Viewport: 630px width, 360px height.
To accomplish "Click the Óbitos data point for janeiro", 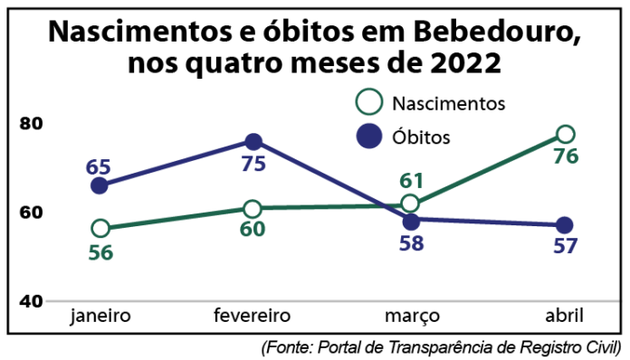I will click(x=100, y=185).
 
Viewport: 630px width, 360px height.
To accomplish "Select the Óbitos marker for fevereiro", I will click(x=253, y=141).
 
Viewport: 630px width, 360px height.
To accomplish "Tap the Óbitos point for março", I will click(x=411, y=221).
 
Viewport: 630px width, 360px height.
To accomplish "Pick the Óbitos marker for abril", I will click(x=564, y=225).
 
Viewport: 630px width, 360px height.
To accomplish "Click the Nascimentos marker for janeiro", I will click(x=100, y=228).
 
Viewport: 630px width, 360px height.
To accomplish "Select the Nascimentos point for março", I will click(x=410, y=204).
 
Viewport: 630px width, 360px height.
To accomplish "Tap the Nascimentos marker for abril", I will click(x=566, y=134).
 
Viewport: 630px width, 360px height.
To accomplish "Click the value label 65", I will click(x=99, y=167).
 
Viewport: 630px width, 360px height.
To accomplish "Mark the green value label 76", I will click(x=566, y=156).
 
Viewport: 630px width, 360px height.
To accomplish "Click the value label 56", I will click(x=100, y=252).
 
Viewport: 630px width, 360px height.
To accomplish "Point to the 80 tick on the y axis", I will click(x=32, y=123).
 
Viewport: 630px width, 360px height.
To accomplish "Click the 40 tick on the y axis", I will click(x=32, y=300).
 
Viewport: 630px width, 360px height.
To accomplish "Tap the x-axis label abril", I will click(x=564, y=316).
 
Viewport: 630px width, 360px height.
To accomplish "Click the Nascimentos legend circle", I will click(x=369, y=102).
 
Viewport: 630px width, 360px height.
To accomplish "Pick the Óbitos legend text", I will click(x=422, y=137).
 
